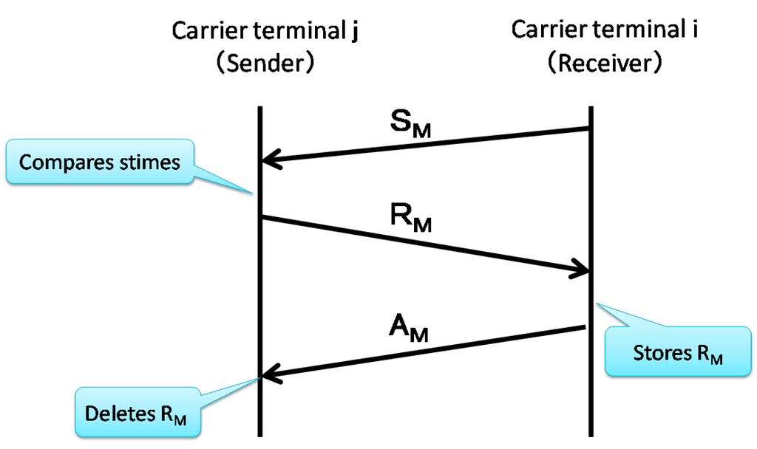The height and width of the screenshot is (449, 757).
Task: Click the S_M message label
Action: [x=410, y=126]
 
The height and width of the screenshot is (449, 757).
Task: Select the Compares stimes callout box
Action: [x=99, y=162]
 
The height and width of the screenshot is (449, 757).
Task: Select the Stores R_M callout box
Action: [x=676, y=352]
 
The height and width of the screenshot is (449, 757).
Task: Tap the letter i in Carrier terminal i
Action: [x=695, y=30]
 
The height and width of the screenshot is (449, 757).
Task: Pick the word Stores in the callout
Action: [x=659, y=352]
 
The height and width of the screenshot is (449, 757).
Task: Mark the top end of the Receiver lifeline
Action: [x=590, y=109]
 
